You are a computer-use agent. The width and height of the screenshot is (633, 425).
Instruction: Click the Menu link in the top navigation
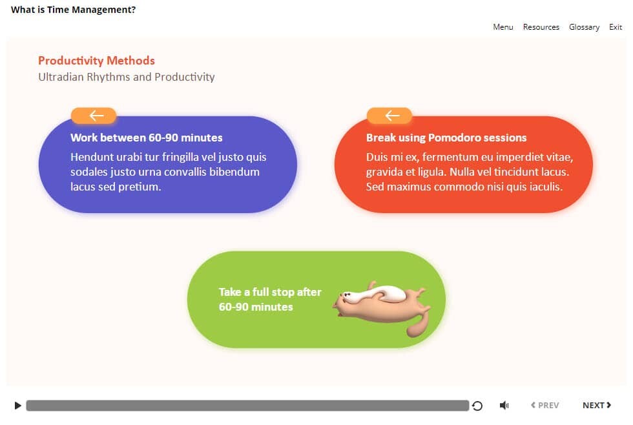(x=503, y=27)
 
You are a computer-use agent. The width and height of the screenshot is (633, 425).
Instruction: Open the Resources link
(x=541, y=27)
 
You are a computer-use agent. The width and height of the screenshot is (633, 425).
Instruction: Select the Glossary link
(x=584, y=27)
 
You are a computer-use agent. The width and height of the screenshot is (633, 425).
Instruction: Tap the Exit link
(x=615, y=27)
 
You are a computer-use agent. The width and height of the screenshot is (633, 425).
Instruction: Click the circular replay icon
(x=477, y=406)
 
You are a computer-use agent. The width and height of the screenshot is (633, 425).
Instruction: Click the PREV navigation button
(x=545, y=405)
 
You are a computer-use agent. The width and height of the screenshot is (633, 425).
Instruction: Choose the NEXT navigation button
(x=597, y=405)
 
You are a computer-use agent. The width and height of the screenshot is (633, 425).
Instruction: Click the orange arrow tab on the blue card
(x=94, y=116)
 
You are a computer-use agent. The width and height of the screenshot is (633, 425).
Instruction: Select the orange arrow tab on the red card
(x=389, y=116)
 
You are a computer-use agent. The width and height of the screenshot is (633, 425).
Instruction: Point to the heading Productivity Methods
(x=96, y=61)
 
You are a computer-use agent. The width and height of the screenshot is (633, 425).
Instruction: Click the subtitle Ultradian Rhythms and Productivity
(x=127, y=77)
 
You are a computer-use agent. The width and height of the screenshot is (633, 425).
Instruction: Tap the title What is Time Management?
(x=73, y=10)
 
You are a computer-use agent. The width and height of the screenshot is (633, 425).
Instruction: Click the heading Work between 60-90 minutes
(x=147, y=138)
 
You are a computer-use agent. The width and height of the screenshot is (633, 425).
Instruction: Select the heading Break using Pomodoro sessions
(x=446, y=138)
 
